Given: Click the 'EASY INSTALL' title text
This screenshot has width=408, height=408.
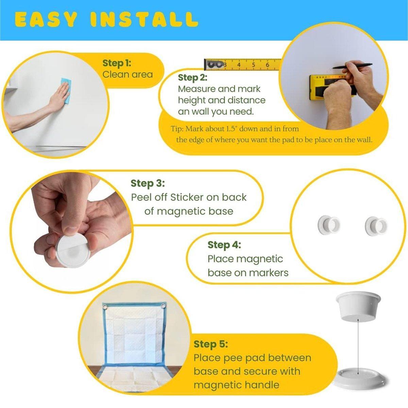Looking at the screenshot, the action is [106, 19].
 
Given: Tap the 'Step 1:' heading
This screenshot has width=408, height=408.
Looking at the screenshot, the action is [117, 63].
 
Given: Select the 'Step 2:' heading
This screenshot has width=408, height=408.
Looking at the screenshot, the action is [192, 78].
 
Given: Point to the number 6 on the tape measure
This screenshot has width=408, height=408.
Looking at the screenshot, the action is [267, 65].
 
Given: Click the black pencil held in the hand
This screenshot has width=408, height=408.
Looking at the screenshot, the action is [353, 66].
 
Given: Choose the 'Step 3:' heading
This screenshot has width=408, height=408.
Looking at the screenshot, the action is [148, 183].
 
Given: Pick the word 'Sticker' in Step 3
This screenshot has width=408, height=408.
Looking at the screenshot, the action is [187, 197].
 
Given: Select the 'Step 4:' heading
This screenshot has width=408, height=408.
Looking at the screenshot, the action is [224, 245].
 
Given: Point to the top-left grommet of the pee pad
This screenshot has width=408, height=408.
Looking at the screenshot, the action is [104, 307].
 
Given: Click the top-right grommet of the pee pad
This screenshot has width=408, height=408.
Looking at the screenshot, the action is [163, 306].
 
